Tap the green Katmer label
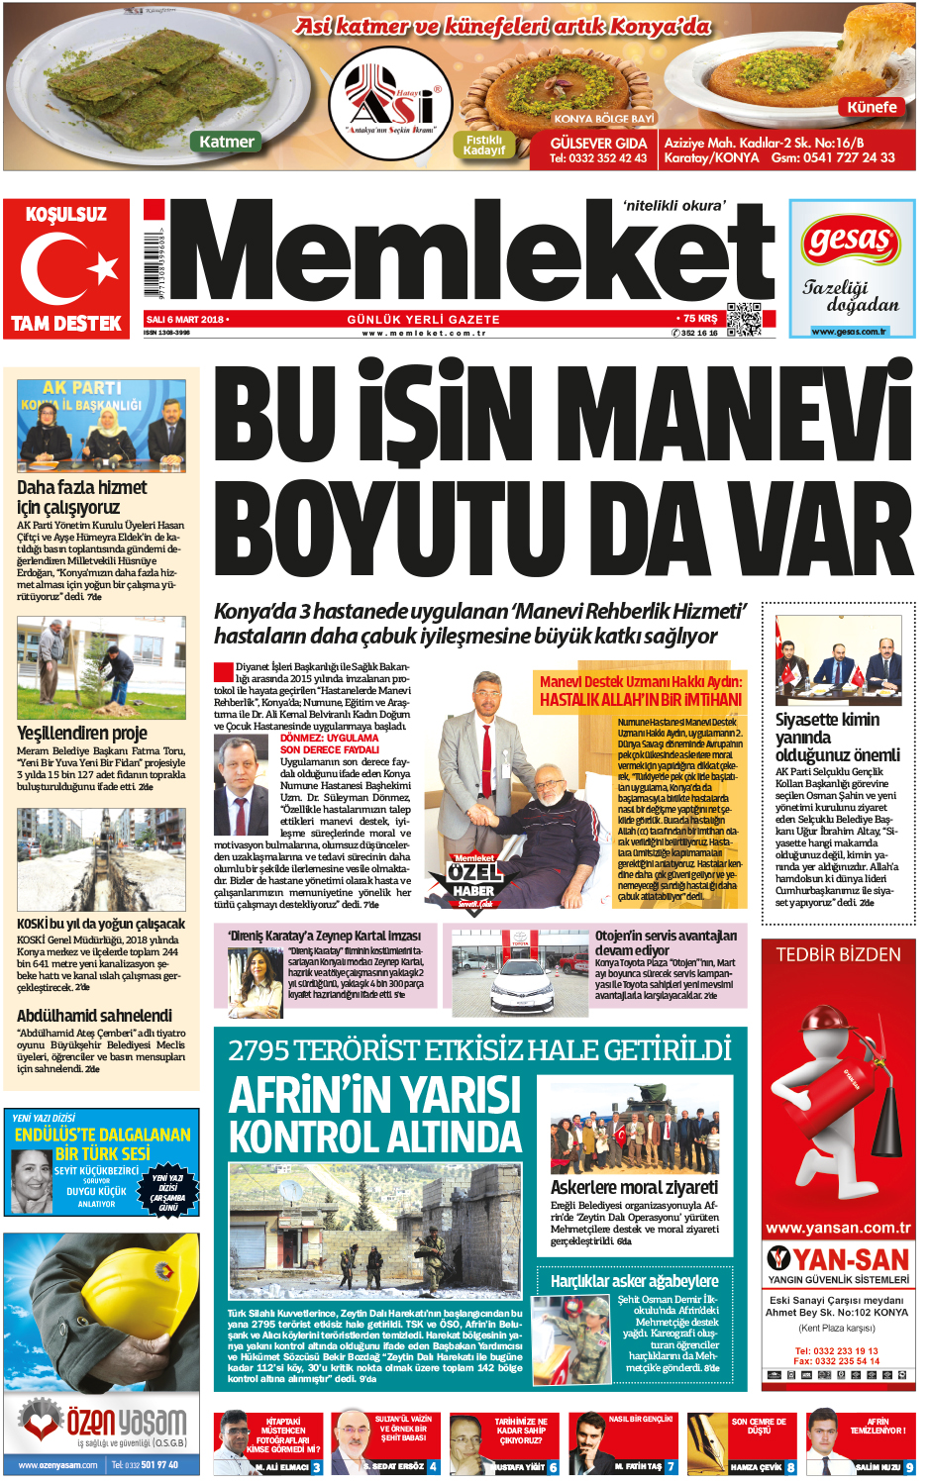coord(227,142)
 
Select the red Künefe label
coord(872,107)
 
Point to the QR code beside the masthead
coord(743,319)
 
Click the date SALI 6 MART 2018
coord(186,320)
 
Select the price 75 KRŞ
coord(699,319)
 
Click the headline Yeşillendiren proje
coord(82,734)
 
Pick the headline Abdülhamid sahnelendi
coord(94,1016)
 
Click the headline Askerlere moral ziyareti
coord(634,1187)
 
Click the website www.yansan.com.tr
coord(838,1229)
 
